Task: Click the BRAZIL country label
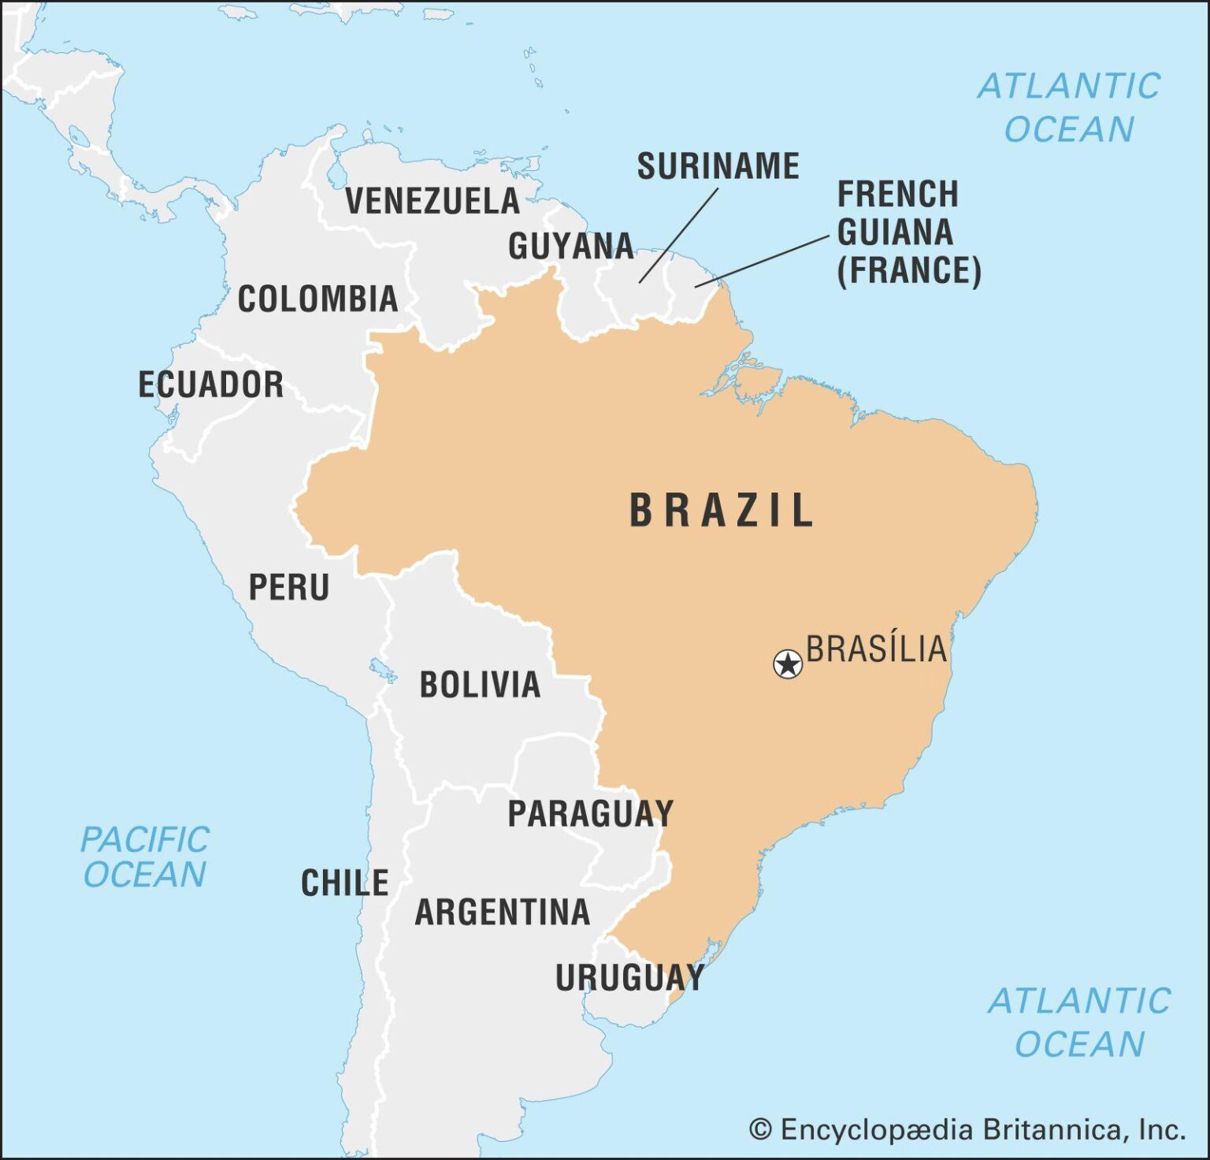(721, 510)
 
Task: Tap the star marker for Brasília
(788, 664)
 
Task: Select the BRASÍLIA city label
(876, 649)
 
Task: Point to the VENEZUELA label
(432, 201)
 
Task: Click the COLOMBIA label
(317, 299)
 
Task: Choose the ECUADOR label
(210, 385)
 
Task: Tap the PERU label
(289, 588)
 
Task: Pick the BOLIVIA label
(480, 684)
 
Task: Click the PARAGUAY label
(590, 813)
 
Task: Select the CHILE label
(345, 883)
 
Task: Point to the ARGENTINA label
(503, 913)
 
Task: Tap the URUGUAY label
(629, 978)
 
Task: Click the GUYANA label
(570, 247)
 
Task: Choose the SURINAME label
(718, 166)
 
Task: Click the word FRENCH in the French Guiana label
(897, 195)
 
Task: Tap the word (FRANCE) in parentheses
(908, 270)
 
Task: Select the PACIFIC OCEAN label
(145, 857)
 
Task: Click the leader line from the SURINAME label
(677, 236)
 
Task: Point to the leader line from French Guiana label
(762, 261)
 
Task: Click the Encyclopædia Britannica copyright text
(967, 1129)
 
